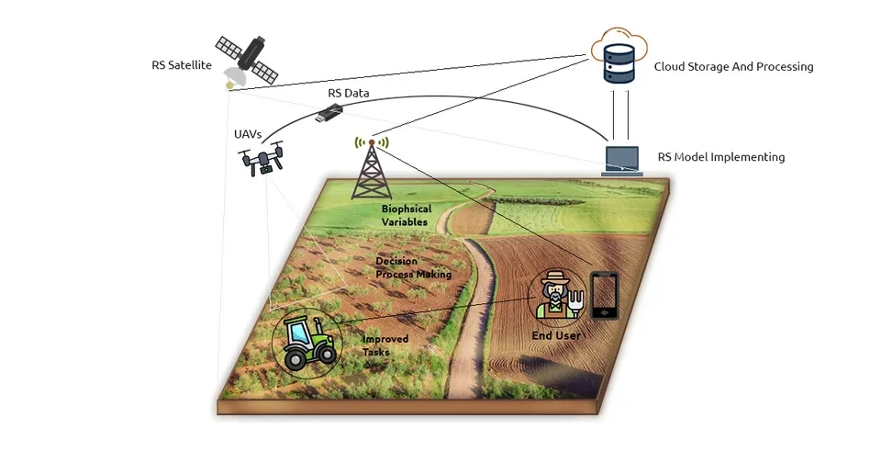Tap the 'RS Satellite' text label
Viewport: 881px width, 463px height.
click(183, 65)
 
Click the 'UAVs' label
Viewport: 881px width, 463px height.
click(248, 134)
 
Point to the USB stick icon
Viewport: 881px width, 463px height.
click(330, 114)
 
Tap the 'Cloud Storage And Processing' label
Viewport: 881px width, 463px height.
click(733, 67)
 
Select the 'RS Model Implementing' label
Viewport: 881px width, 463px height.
click(720, 157)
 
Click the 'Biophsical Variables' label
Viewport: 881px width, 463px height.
click(407, 216)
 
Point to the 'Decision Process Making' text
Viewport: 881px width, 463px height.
click(414, 268)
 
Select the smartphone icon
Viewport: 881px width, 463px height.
click(603, 296)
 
